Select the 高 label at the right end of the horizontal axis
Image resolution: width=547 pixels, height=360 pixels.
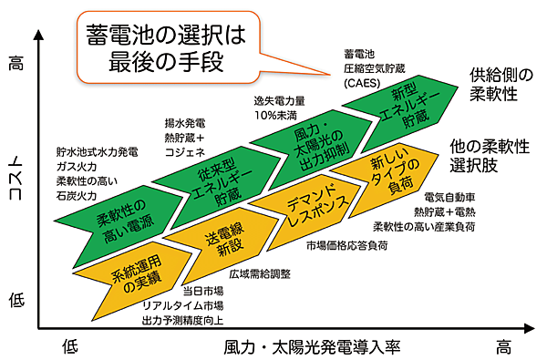pos(503,347)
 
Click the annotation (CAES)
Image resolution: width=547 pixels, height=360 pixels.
pos(363,83)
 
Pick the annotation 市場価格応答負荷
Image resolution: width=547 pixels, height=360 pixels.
pos(346,245)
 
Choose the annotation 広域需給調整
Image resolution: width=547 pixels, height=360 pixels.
pos(259,273)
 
